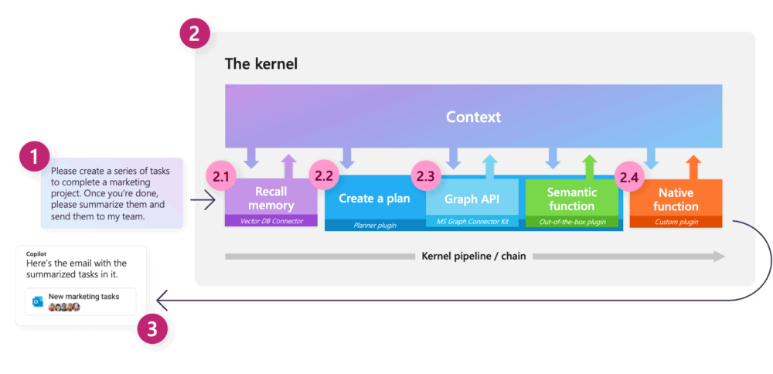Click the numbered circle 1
[x=35, y=157]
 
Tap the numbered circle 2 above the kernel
[x=194, y=35]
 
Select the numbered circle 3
[x=152, y=328]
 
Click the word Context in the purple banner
[x=473, y=117]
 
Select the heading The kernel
[x=261, y=64]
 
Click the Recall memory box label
[x=271, y=198]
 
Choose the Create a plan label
[x=374, y=199]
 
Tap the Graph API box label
[x=472, y=199]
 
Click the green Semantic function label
[x=572, y=199]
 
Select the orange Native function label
[x=676, y=199]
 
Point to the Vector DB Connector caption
[x=271, y=221]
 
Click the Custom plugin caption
[x=676, y=223]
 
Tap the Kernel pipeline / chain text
[x=473, y=257]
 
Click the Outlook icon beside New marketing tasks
[x=37, y=302]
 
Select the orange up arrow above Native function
[x=693, y=167]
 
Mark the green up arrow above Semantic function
[x=589, y=167]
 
